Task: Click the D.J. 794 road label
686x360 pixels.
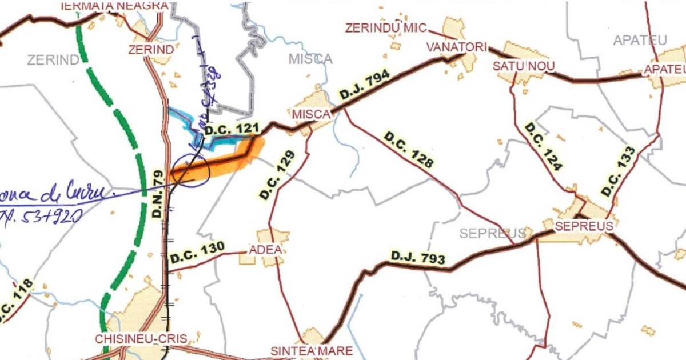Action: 365,85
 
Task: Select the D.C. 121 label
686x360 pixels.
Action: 236,130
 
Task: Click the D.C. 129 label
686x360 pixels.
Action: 278,175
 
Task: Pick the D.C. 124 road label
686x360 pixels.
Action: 544,146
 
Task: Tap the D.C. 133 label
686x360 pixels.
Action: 618,171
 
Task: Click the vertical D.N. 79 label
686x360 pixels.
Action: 159,194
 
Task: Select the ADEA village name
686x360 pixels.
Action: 265,250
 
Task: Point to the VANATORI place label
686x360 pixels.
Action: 456,47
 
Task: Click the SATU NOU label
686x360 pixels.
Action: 524,66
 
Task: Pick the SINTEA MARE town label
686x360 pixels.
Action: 312,350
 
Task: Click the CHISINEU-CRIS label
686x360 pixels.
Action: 141,338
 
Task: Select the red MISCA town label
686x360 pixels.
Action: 311,114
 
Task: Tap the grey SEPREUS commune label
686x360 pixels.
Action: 492,233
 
